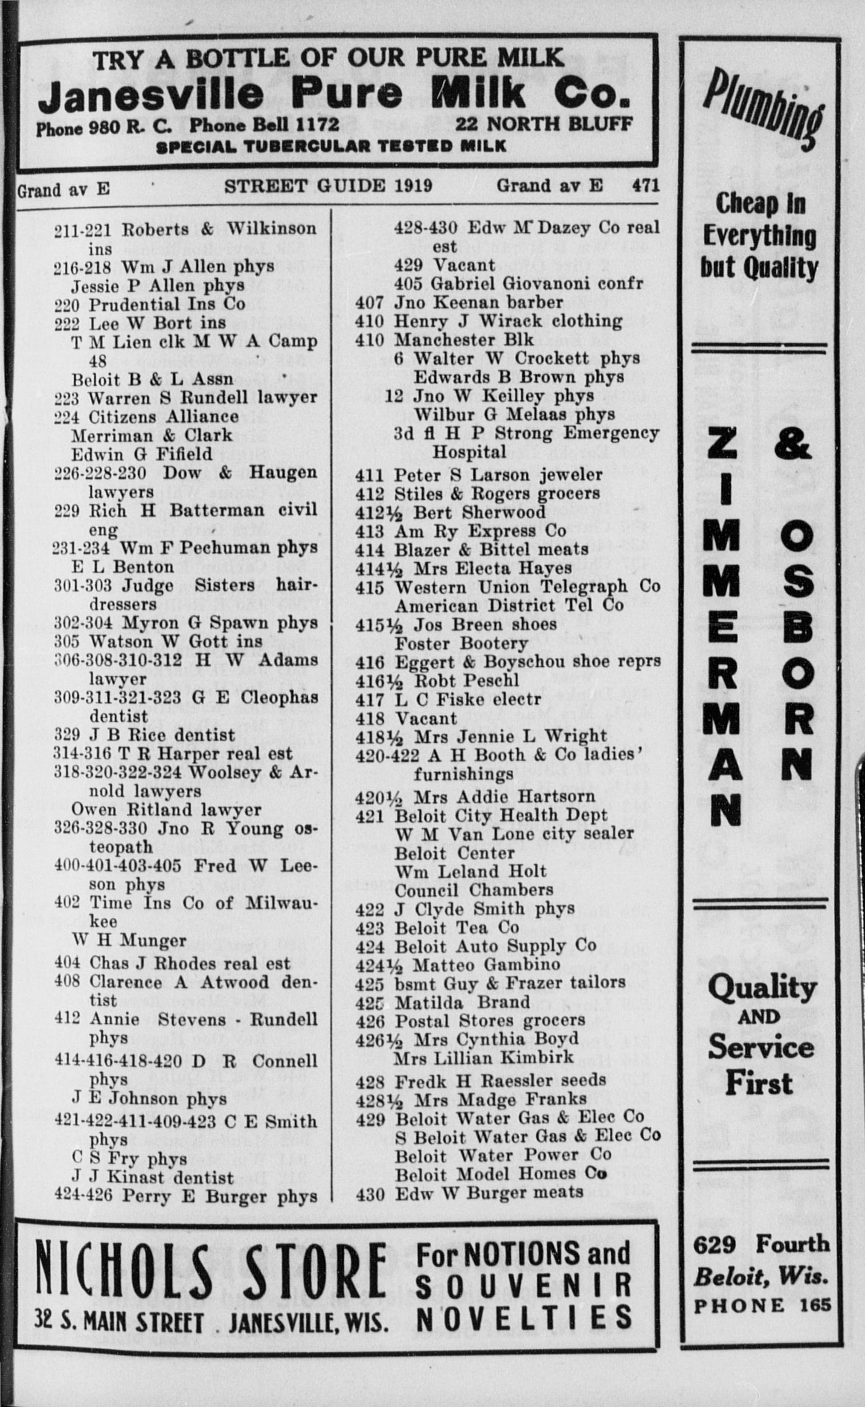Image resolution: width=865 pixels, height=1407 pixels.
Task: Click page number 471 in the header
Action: coord(646,185)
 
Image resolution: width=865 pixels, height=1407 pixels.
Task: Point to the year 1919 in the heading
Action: coord(412,186)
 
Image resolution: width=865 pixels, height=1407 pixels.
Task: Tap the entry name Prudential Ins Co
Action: coord(166,304)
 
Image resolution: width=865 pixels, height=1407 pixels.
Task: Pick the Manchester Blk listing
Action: coord(463,340)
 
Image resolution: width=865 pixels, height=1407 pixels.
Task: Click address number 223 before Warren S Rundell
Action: coord(66,398)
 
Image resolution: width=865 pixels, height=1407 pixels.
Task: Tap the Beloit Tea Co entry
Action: coord(457,927)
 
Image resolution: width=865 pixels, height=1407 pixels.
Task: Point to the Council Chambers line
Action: coord(474,890)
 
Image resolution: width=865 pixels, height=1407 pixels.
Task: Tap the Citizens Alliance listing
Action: coord(163,416)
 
